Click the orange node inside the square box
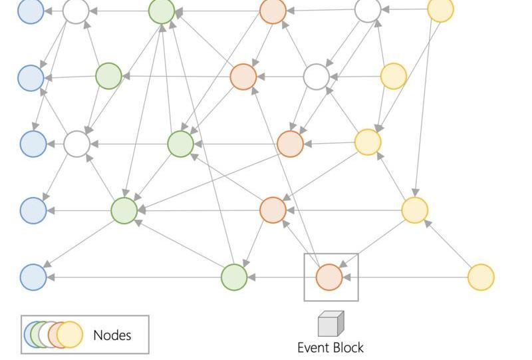click(329, 277)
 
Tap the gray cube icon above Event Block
click(331, 324)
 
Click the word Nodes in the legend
click(112, 335)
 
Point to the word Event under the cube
click(313, 347)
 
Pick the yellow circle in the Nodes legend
click(70, 335)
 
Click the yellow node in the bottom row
click(481, 277)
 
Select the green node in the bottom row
click(234, 277)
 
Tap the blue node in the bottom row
click(33, 277)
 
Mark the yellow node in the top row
click(440, 10)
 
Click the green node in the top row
click(162, 11)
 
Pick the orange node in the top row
click(273, 11)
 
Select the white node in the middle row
click(76, 143)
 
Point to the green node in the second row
click(109, 77)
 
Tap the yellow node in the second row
click(394, 77)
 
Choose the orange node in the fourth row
click(273, 210)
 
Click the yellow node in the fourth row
click(414, 210)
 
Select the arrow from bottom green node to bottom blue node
click(133, 277)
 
